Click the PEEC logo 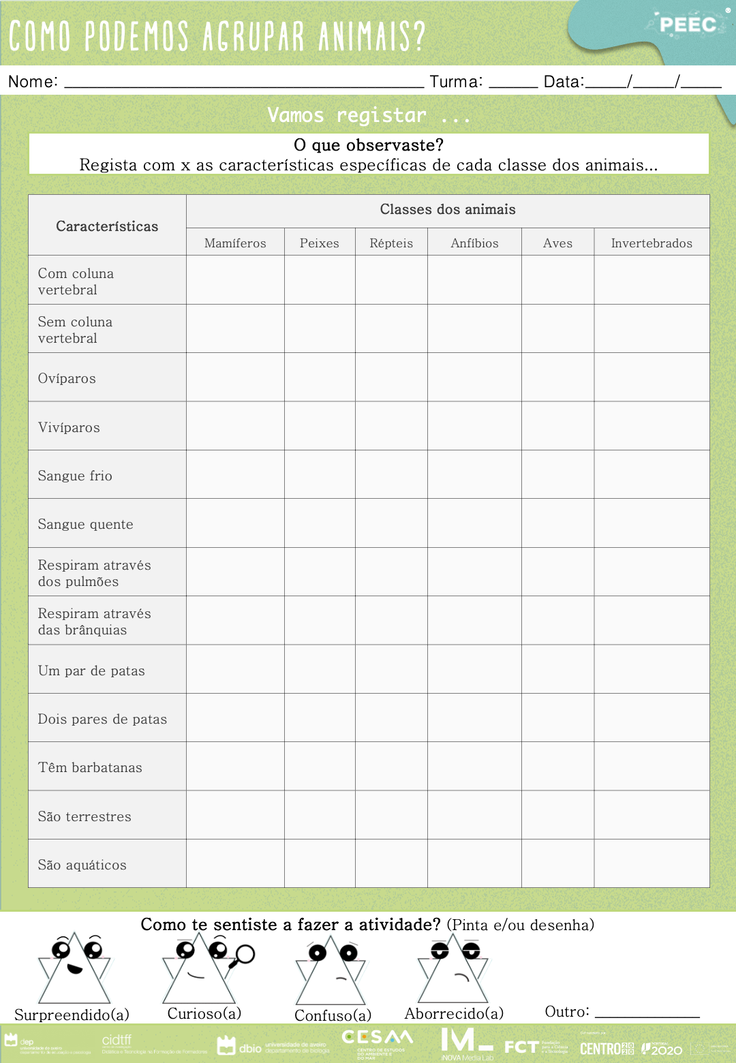tap(688, 25)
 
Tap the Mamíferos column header tap(235, 243)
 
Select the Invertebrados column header tap(651, 243)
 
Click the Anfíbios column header tap(474, 243)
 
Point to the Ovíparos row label tap(67, 379)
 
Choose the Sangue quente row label tap(85, 525)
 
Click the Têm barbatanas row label tap(90, 768)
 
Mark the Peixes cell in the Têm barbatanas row tap(320, 767)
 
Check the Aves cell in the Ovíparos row tap(557, 378)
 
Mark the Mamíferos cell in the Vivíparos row tap(235, 426)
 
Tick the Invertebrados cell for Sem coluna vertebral tap(651, 328)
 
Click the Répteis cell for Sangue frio tap(391, 474)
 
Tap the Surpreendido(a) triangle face tap(74, 968)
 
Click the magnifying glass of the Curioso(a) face tap(244, 955)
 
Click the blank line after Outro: tap(647, 1015)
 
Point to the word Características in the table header tap(107, 226)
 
